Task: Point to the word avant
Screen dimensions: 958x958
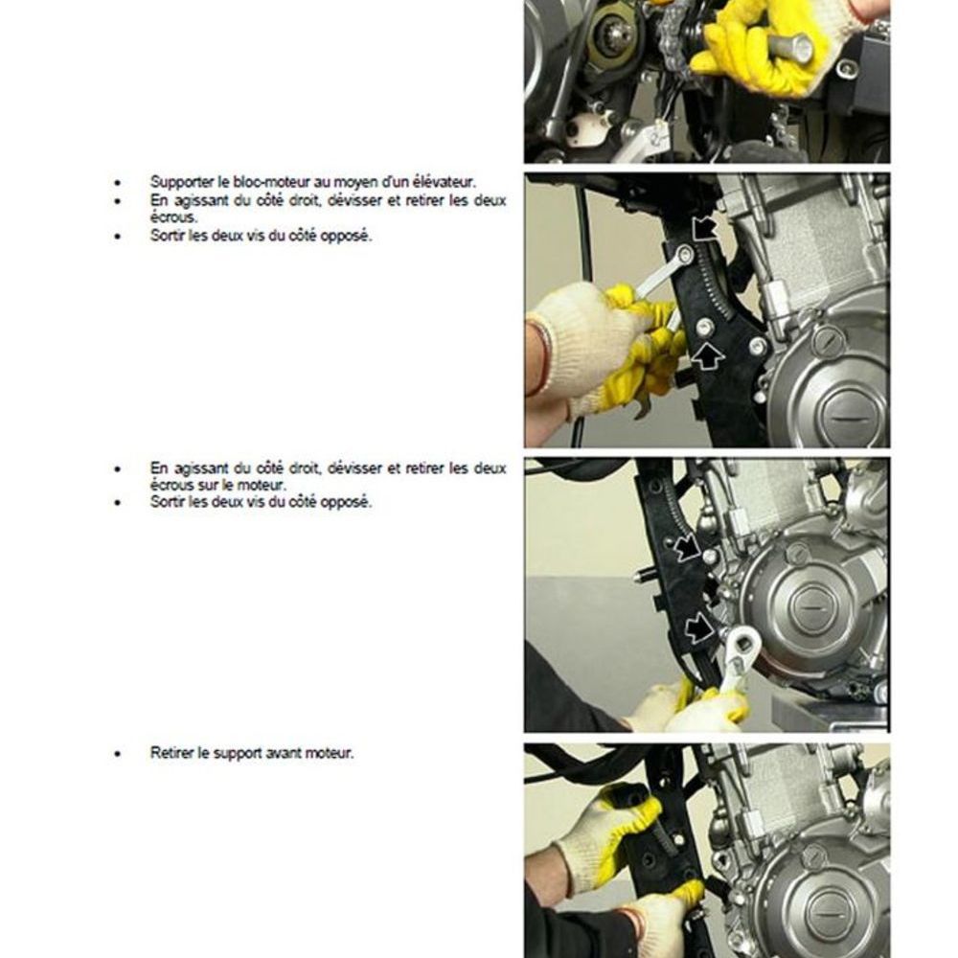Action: point(289,753)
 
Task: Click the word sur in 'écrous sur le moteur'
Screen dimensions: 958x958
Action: point(208,486)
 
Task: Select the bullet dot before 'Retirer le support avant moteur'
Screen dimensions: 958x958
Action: point(118,754)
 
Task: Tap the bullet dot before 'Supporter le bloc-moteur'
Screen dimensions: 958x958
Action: point(118,183)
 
